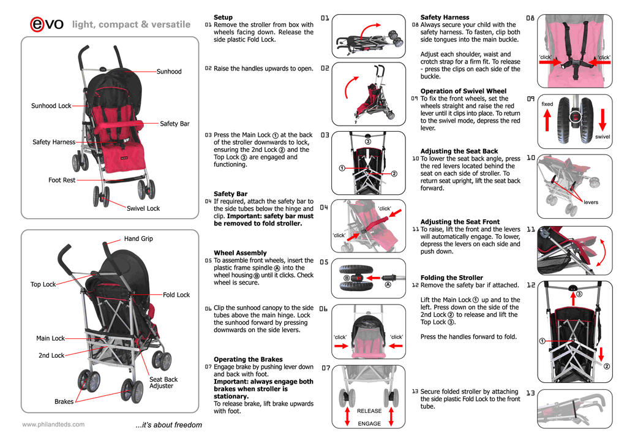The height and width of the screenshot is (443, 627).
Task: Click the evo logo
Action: point(46,24)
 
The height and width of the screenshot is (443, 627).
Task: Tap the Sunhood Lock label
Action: point(51,106)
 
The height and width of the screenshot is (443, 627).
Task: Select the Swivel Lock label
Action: point(143,208)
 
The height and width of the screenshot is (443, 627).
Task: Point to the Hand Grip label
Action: point(138,238)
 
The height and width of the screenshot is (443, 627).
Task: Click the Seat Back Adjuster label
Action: point(163,383)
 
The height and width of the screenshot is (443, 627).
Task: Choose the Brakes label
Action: point(64,402)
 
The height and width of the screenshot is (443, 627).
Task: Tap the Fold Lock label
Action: point(176,295)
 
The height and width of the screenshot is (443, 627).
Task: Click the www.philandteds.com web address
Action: point(53,424)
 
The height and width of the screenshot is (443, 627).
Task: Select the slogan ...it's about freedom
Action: point(168,425)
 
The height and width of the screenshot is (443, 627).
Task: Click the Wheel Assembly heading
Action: point(240,252)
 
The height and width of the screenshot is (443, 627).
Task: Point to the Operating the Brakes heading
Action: point(248,359)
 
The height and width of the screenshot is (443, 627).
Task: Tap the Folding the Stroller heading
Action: point(451,278)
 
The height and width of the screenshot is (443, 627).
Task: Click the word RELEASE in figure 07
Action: point(369,411)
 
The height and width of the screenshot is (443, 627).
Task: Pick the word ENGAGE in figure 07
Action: point(369,423)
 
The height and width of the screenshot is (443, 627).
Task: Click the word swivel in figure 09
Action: point(603,137)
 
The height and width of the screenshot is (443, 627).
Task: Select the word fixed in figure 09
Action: point(547,104)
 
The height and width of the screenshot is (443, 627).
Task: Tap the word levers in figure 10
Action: point(591,202)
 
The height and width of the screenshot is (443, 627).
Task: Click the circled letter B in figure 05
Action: point(347,278)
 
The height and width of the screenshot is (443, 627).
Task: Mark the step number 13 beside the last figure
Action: point(530,393)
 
